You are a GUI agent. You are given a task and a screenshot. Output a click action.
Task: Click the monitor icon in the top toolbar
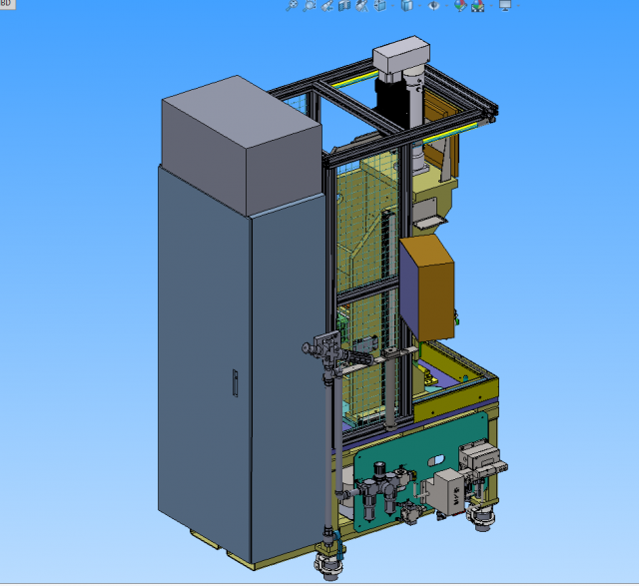click(505, 6)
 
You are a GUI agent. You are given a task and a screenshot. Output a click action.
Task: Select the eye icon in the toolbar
click(434, 6)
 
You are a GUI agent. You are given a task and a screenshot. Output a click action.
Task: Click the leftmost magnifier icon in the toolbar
click(293, 6)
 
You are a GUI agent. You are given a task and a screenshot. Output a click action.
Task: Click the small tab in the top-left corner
click(6, 4)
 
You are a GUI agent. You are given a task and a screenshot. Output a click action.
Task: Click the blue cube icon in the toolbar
click(343, 6)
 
